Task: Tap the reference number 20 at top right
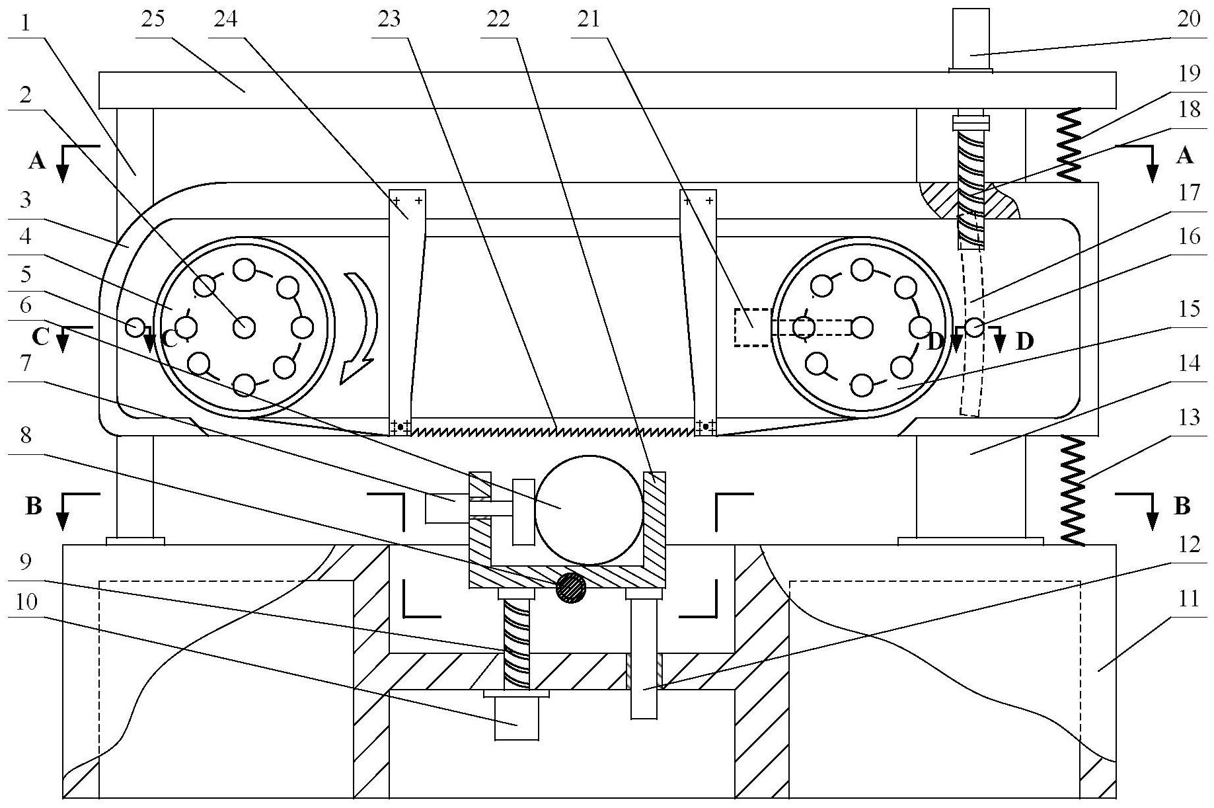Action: (1188, 19)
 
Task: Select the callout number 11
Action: (1188, 600)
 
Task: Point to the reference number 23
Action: (389, 19)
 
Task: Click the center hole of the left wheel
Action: (245, 326)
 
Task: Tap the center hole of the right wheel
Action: (862, 327)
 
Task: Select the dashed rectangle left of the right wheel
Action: (753, 327)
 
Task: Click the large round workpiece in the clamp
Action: (588, 509)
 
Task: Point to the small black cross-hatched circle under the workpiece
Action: (571, 587)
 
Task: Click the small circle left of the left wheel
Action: (135, 325)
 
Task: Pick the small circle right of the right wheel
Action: (975, 327)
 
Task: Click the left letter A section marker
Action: (38, 160)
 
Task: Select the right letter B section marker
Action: (1182, 507)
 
